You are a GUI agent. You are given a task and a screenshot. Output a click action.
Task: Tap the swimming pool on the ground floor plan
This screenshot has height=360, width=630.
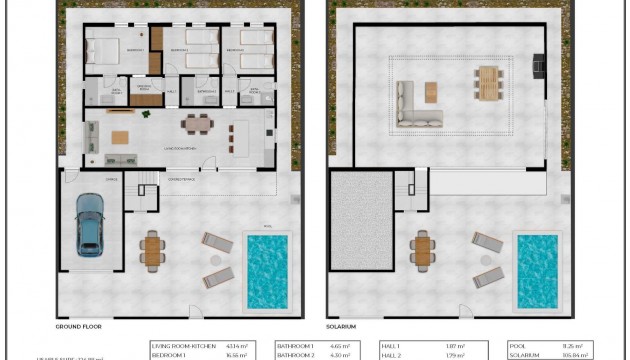click(x=267, y=270)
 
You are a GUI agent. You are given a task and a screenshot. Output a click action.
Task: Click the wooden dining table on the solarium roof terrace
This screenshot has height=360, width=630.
click(x=487, y=84)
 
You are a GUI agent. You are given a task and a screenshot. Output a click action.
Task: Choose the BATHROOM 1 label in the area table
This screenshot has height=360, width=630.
click(x=297, y=344)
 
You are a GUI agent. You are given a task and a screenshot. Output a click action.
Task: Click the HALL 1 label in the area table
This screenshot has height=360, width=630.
click(x=392, y=344)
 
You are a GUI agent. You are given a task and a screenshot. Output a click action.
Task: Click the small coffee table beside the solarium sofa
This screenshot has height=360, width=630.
click(x=432, y=92)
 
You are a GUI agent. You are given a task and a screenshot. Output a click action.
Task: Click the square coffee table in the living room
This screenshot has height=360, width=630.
click(x=120, y=137)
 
